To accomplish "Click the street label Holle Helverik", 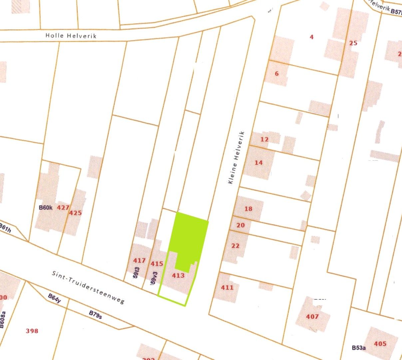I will pos(71,35).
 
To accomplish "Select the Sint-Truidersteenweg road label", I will pos(88,287).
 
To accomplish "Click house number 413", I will pos(178,275).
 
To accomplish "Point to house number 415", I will pos(157,264).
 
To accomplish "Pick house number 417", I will pos(139,260).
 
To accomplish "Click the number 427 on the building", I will pos(63,208).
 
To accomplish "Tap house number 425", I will pos(75,213).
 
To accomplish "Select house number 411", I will pos(227,287).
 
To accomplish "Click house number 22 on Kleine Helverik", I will pos(235,246).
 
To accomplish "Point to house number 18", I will pos(248,209).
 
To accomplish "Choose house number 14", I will pos(258,163).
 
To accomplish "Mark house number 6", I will pos(277,74).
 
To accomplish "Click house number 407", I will pos(312,316).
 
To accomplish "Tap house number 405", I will pos(380,344).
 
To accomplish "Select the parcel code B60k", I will pos(46,208).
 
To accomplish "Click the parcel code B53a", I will pos(359,348).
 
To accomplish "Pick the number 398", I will pos(32,331).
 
